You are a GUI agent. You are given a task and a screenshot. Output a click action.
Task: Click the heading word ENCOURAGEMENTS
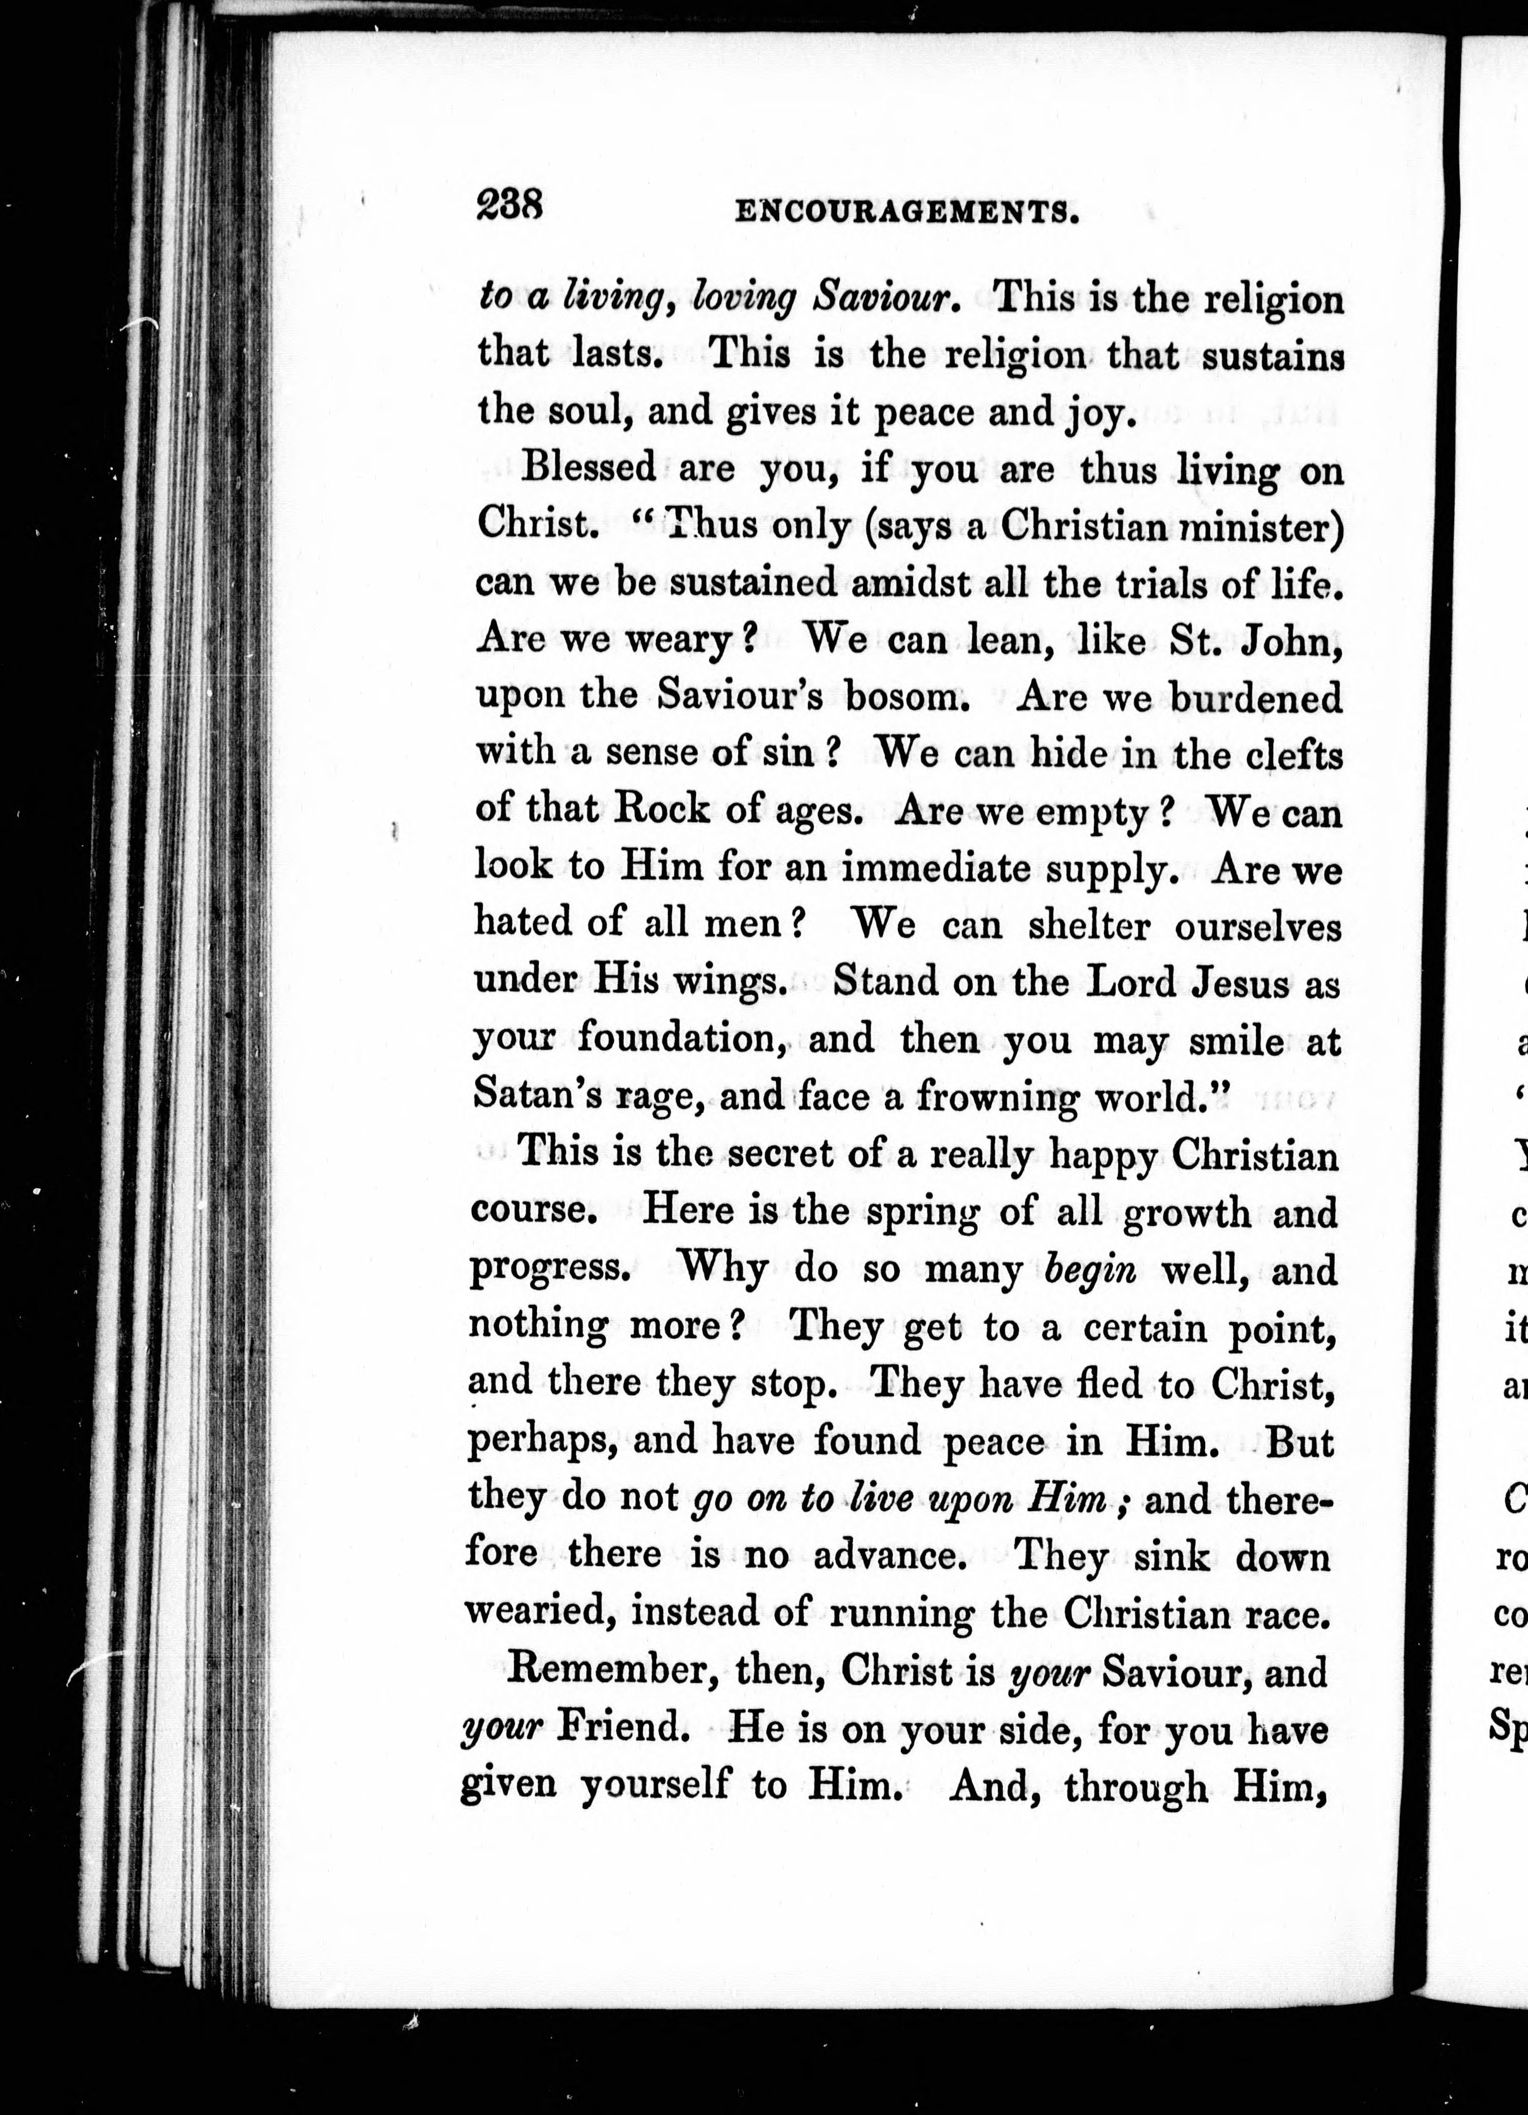tap(908, 213)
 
